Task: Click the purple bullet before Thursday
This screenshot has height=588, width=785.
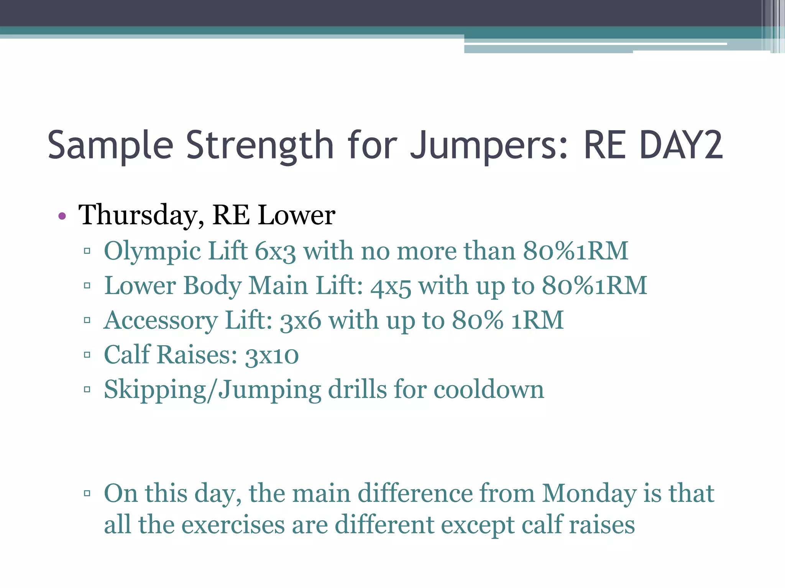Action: pos(62,216)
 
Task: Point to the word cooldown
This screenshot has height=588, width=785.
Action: pos(489,390)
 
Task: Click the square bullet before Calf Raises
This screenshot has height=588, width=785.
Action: pos(87,355)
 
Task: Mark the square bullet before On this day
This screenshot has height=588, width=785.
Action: pos(87,493)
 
